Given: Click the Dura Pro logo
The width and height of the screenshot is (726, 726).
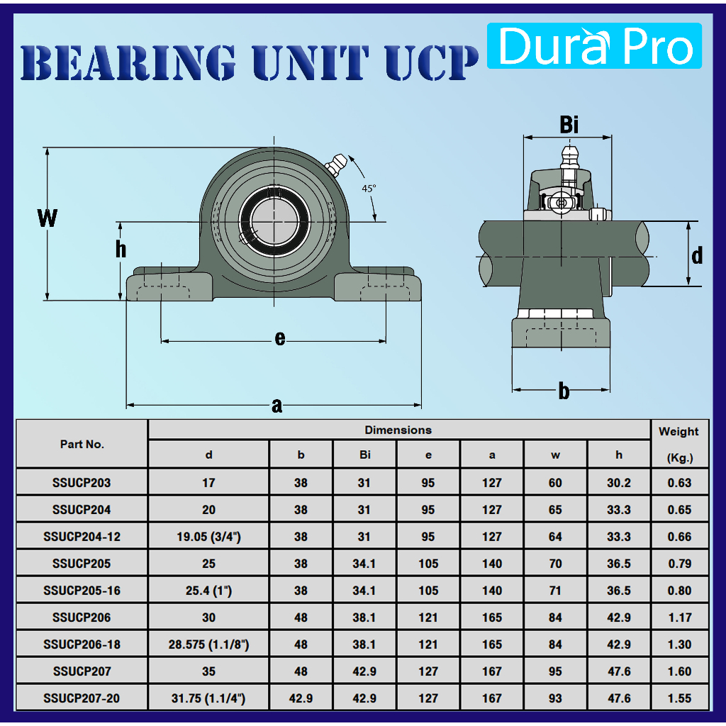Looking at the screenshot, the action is (594, 45).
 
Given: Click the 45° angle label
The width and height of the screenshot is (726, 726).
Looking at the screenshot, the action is (369, 189).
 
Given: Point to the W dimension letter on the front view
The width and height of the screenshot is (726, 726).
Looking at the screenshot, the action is (48, 218).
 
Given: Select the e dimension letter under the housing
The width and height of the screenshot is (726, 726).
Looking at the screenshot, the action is (279, 338).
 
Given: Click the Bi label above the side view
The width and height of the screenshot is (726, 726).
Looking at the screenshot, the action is (569, 125).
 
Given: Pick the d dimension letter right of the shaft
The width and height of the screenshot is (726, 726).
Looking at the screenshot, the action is (697, 255).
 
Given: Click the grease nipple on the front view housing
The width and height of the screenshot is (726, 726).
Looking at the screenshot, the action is (337, 164).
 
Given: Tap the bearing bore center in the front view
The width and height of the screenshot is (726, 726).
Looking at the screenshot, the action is (274, 222).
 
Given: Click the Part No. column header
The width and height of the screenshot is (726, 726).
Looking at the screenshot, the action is (82, 444).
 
